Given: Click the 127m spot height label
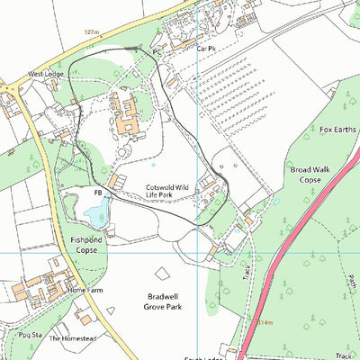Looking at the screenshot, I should click(x=90, y=31).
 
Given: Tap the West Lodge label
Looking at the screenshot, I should click(x=47, y=74).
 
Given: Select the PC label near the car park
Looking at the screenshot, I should click(x=157, y=52).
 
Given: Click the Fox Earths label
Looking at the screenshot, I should click(x=337, y=130).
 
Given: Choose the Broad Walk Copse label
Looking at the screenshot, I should click(x=306, y=174).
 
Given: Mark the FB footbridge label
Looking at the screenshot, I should click(x=97, y=193).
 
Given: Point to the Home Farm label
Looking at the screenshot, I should click(x=85, y=291).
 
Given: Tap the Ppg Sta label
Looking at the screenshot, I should click(x=31, y=334).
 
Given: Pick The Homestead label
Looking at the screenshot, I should click(x=67, y=338).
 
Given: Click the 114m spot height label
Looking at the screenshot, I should click(x=264, y=320).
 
